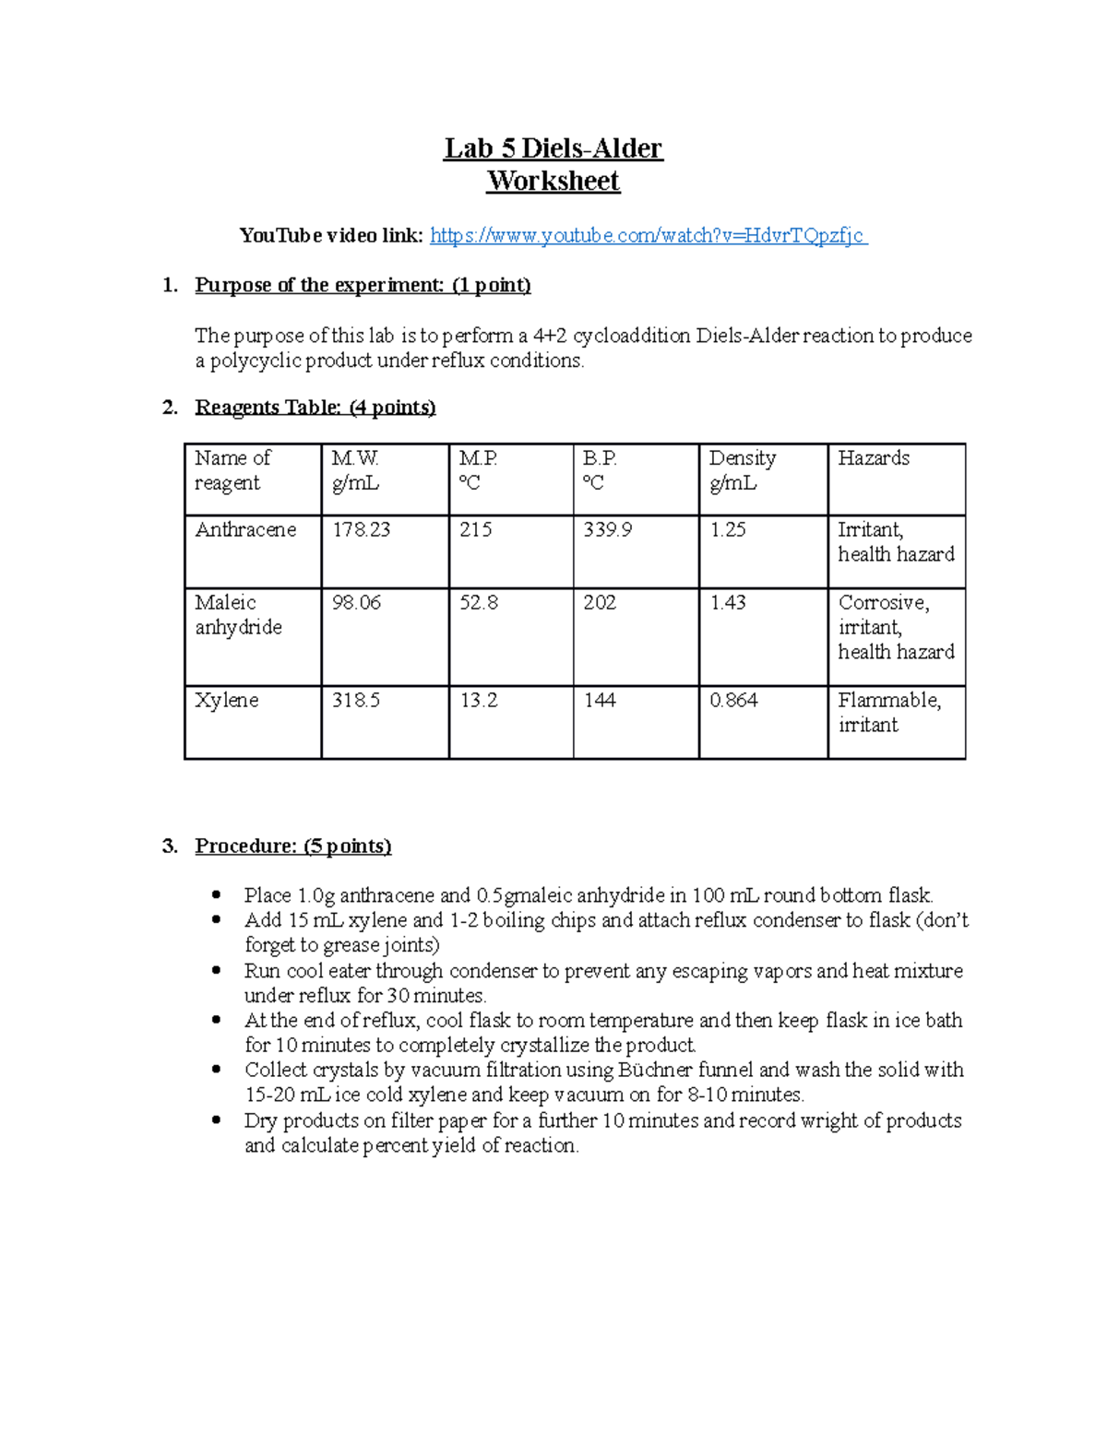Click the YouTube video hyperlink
[x=648, y=236]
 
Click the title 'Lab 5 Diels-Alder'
[x=553, y=148]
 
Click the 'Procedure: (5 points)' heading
[x=292, y=846]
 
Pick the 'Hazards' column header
[x=873, y=458]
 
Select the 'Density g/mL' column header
[x=743, y=470]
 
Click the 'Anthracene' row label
[x=245, y=530]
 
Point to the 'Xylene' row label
[x=227, y=701]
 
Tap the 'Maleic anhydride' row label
[x=238, y=615]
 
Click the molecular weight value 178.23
[x=361, y=530]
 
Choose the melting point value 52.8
[x=479, y=603]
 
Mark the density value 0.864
[x=733, y=701]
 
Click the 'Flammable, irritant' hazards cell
[x=888, y=713]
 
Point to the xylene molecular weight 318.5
[x=356, y=701]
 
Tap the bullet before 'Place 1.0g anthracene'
[x=216, y=895]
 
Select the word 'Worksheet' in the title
[x=553, y=181]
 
